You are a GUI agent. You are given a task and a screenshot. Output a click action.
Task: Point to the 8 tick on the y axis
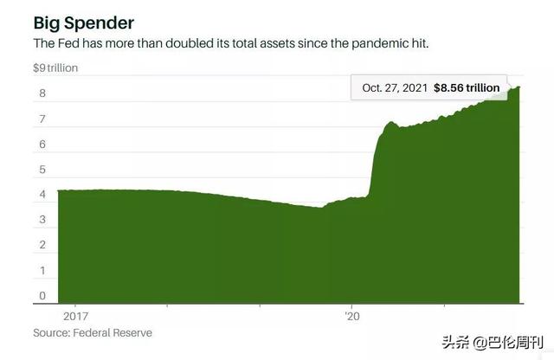[41, 93]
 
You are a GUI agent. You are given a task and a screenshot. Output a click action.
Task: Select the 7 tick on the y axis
[41, 119]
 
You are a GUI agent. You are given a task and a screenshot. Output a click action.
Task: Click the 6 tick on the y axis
[41, 144]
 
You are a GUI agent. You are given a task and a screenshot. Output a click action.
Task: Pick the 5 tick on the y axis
[41, 170]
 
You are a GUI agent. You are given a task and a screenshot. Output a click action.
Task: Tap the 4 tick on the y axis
[41, 195]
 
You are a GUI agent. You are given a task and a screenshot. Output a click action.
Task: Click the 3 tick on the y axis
[41, 220]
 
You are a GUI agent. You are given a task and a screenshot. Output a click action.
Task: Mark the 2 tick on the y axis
[41, 246]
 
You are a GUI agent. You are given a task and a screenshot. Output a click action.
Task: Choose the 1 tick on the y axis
[41, 271]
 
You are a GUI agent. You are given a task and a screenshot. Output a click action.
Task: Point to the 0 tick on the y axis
[41, 297]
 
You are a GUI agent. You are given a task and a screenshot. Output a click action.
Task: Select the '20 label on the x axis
[351, 315]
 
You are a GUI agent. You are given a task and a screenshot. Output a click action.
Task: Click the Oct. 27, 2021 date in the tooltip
[396, 87]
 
